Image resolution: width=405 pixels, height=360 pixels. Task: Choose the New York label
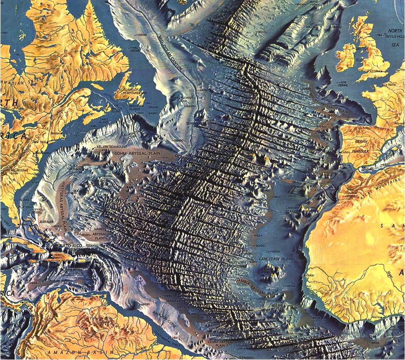pos(39,142)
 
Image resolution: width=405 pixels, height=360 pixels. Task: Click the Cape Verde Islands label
pos(277,259)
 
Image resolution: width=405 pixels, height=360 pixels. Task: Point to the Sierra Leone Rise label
pos(282,310)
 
